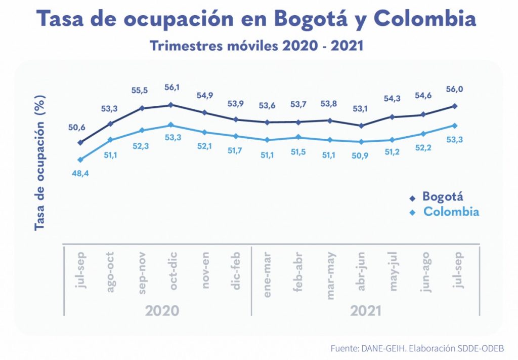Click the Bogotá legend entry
click(443, 196)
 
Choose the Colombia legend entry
click(451, 212)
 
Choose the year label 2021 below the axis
click(364, 309)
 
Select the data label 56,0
click(455, 89)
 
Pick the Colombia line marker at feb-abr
click(298, 137)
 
